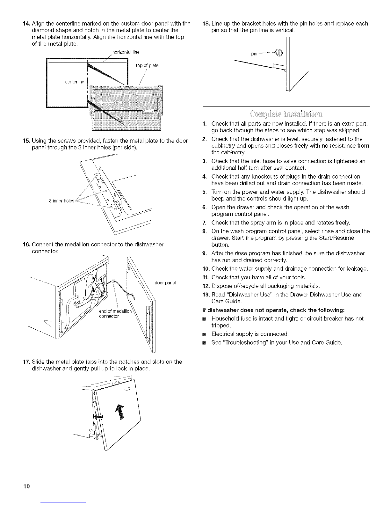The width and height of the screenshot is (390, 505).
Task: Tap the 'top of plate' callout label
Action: tap(147, 66)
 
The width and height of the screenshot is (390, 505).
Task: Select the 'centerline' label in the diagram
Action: tap(74, 82)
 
